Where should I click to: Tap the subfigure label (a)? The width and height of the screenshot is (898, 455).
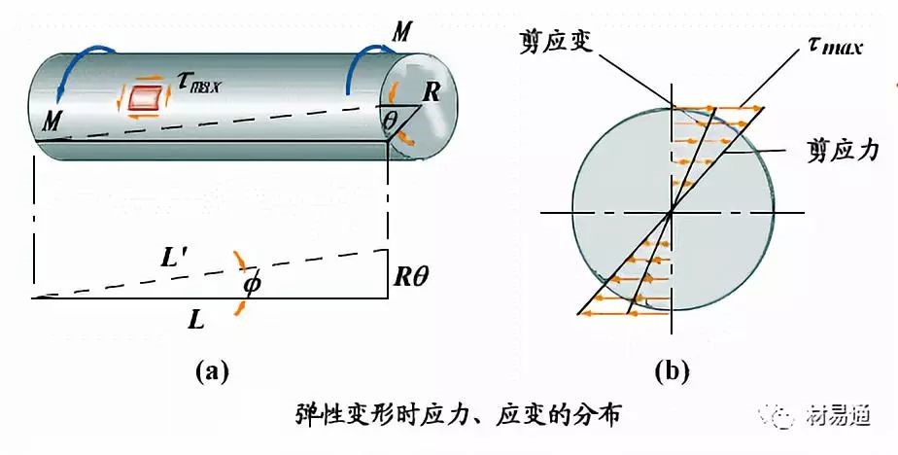click(x=211, y=370)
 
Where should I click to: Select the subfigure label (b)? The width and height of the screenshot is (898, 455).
click(x=672, y=370)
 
